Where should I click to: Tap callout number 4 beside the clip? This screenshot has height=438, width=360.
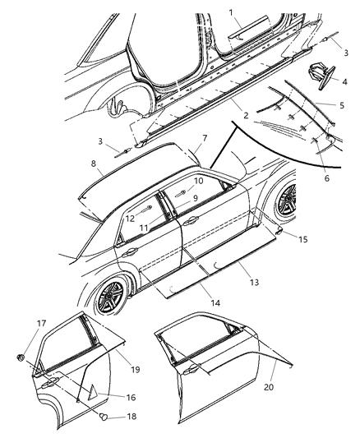[345, 82]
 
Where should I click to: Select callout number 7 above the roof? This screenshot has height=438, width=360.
[205, 138]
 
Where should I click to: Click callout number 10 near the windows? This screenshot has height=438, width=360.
[198, 181]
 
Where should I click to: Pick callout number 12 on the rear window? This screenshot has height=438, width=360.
[130, 218]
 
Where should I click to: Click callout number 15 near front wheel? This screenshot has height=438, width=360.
[303, 239]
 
